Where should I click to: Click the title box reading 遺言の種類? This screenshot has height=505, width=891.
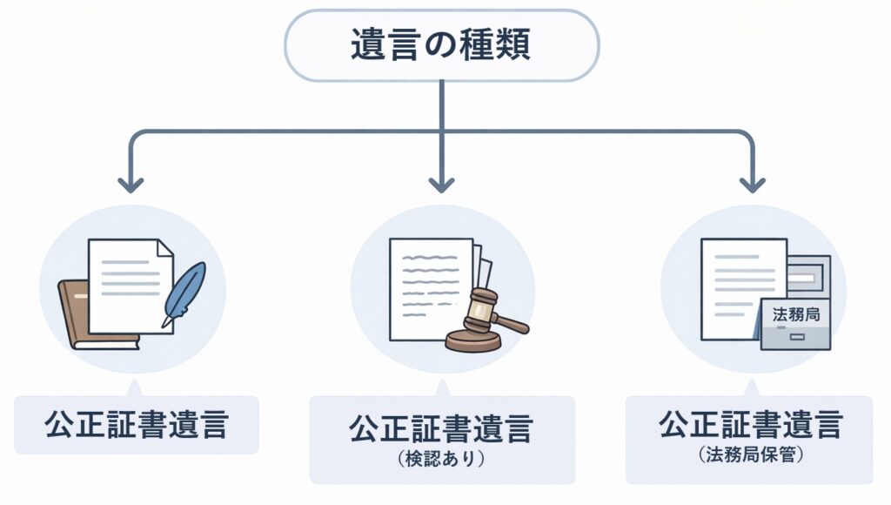[x=441, y=45]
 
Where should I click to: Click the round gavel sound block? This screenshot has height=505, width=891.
[x=472, y=340]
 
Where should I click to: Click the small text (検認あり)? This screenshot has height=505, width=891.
[x=442, y=459]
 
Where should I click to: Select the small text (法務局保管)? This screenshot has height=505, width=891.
[x=749, y=454]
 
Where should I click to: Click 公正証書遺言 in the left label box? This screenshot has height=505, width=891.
[x=137, y=425]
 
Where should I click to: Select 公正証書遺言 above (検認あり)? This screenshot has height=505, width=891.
[x=442, y=428]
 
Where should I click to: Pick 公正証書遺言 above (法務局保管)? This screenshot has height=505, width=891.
[x=749, y=426]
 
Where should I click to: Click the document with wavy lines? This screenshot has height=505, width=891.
[x=426, y=287]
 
